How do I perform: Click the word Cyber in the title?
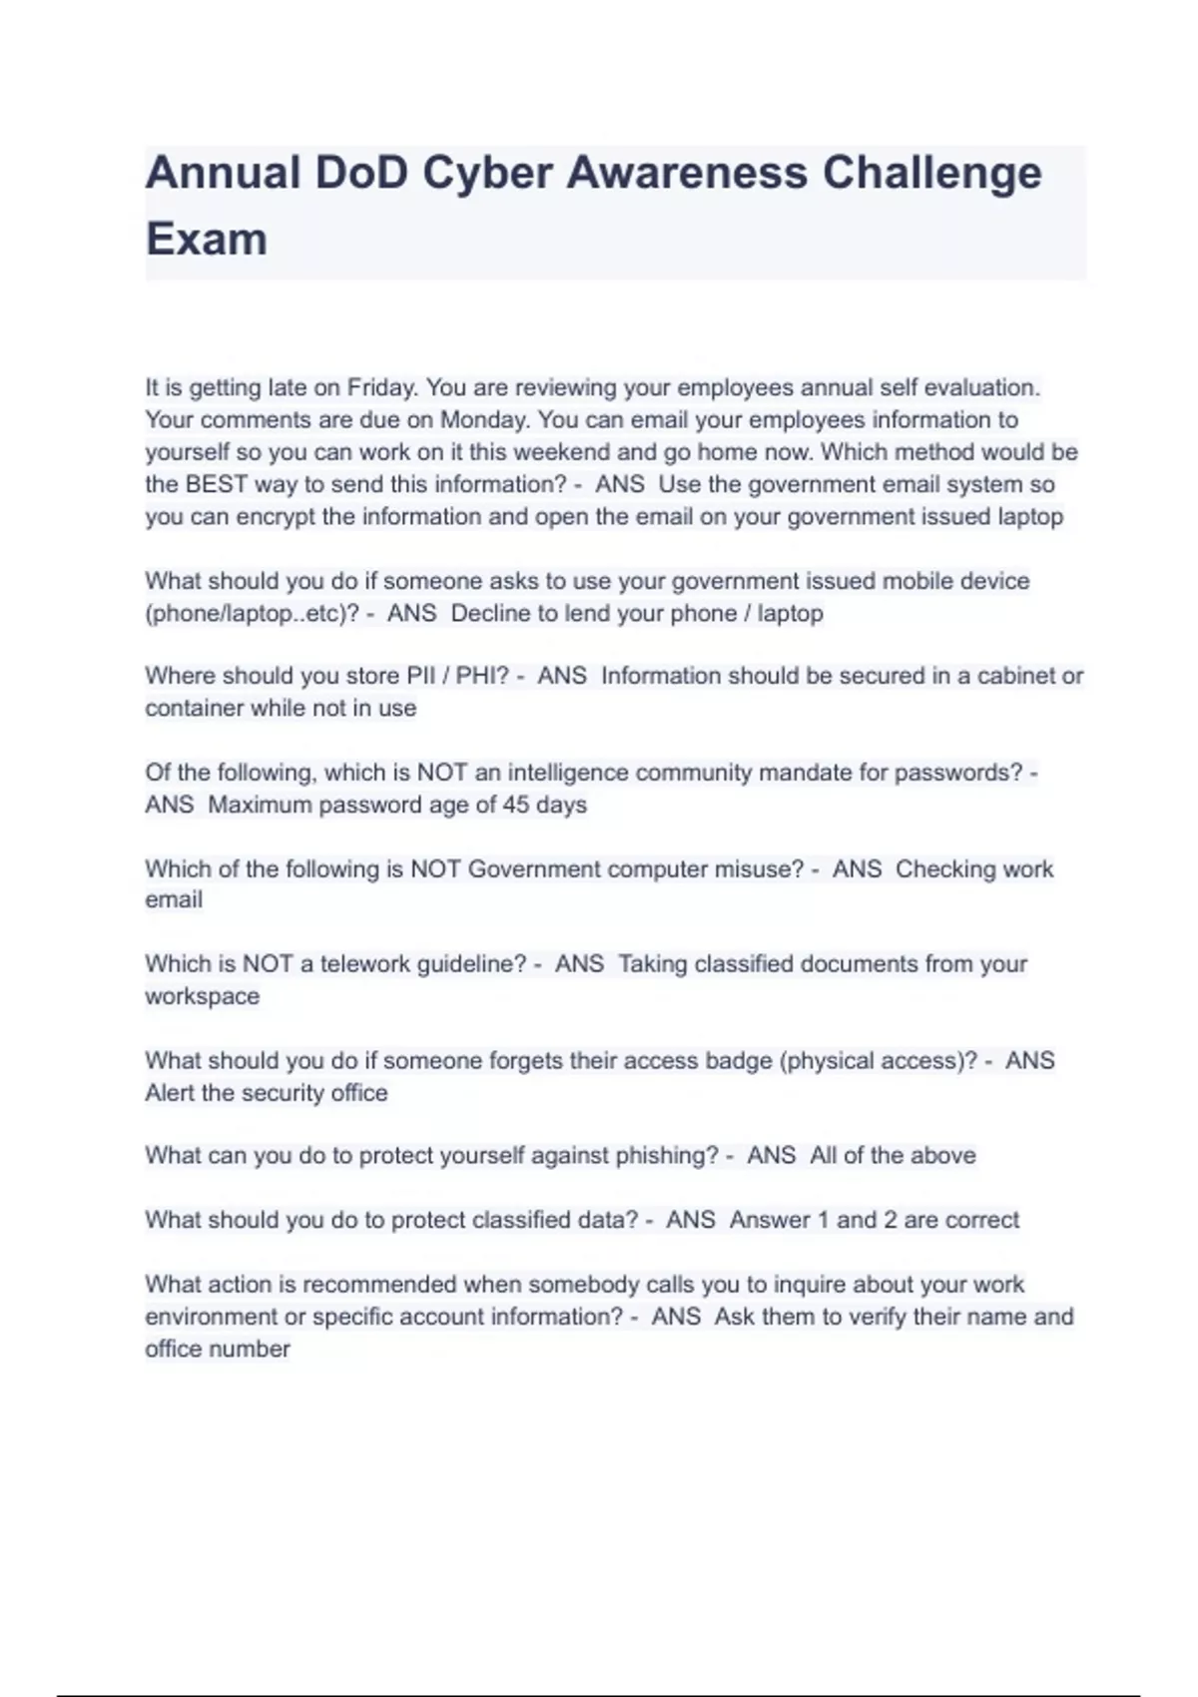click(487, 173)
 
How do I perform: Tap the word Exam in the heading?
click(207, 240)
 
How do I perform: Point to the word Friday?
click(381, 387)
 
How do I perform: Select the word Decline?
click(492, 613)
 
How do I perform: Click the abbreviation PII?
click(419, 676)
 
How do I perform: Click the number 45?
click(516, 805)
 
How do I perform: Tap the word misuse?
click(759, 869)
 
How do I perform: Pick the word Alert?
click(170, 1093)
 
